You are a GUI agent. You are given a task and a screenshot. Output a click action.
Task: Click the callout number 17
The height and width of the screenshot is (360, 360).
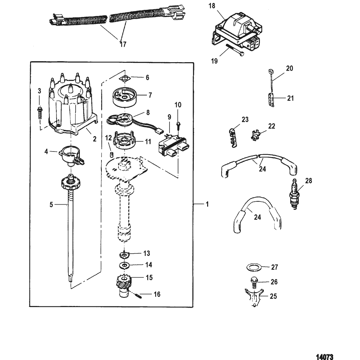[x=123, y=44]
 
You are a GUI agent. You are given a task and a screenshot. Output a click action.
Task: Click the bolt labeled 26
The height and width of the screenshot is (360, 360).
[x=254, y=281]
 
